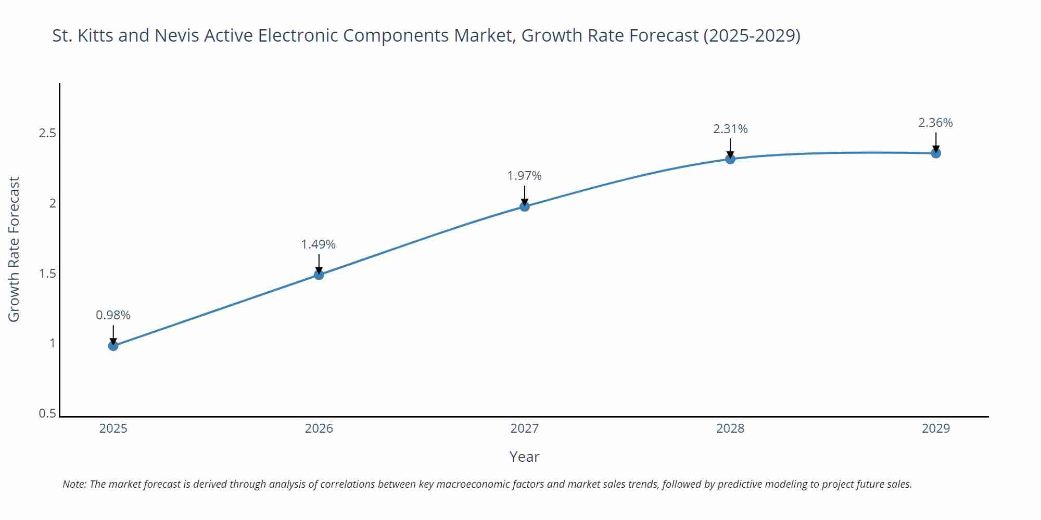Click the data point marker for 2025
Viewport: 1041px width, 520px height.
click(x=113, y=346)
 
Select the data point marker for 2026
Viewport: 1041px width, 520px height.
click(x=319, y=275)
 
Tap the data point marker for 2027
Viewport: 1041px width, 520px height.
click(x=525, y=206)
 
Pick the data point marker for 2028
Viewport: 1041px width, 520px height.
click(x=730, y=159)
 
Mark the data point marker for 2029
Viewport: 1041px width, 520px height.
click(x=936, y=153)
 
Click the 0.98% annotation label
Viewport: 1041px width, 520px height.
click(x=113, y=315)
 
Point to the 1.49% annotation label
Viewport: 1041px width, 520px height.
click(x=319, y=244)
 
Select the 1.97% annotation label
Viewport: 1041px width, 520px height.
click(x=525, y=176)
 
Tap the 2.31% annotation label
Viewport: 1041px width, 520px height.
click(x=730, y=129)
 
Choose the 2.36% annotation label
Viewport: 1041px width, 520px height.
click(x=935, y=123)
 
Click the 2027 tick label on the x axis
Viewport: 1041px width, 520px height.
click(x=525, y=428)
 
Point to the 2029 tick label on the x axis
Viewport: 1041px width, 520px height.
click(x=936, y=428)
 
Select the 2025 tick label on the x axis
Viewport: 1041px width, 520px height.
click(x=113, y=428)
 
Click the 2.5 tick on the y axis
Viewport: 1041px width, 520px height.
click(x=47, y=133)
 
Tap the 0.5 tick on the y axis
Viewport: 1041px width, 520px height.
click(x=47, y=413)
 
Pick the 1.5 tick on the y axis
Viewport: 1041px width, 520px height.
click(x=47, y=274)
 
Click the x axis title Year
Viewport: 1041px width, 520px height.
click(x=525, y=457)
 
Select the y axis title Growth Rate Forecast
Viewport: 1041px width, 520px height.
click(x=14, y=249)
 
